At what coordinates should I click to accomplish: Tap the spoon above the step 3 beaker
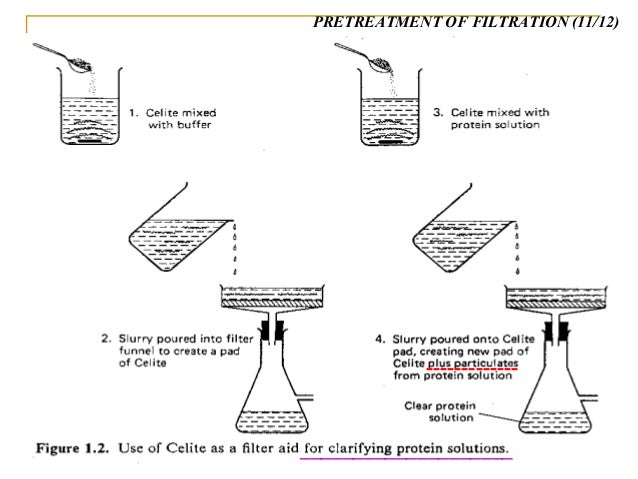365,56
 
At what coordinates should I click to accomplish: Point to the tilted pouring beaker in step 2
175,235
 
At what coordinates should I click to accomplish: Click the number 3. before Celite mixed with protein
438,113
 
